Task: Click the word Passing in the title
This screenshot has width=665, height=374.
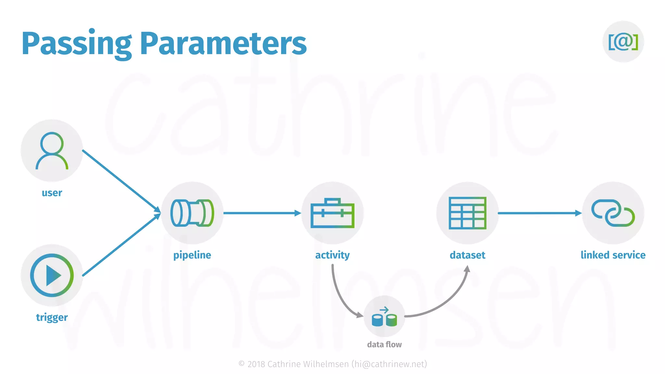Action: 77,44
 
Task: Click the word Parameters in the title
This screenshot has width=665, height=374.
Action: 223,44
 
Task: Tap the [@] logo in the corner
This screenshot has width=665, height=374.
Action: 623,42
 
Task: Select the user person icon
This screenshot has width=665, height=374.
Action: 52,150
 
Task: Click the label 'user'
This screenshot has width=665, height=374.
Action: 52,193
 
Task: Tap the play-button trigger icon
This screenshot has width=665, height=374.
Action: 52,275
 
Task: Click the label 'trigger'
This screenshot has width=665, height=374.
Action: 52,317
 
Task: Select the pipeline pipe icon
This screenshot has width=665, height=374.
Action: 192,213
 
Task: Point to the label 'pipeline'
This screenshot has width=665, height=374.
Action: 192,255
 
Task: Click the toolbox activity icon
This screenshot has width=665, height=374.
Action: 332,213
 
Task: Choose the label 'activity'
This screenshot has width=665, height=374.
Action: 332,255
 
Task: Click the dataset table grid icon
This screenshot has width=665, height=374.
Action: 467,213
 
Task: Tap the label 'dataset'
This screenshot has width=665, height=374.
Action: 467,255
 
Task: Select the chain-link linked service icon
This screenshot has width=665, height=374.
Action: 613,213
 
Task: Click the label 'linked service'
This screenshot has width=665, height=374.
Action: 613,255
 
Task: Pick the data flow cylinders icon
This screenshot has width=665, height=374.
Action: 384,317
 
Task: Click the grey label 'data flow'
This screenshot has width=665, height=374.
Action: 384,344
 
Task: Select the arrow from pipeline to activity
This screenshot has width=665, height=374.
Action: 261,213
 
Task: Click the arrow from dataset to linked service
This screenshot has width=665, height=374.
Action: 539,213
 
